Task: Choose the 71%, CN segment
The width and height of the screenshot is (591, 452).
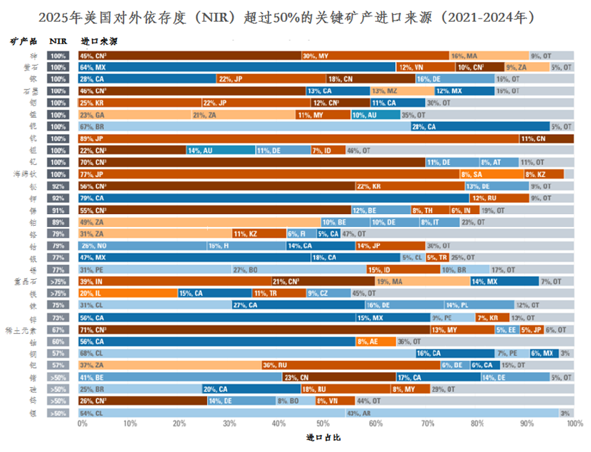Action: [253, 330]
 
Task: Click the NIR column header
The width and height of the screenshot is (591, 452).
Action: [57, 40]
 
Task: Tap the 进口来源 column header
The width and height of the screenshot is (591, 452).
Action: [98, 40]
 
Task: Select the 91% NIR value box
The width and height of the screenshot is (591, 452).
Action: [57, 211]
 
